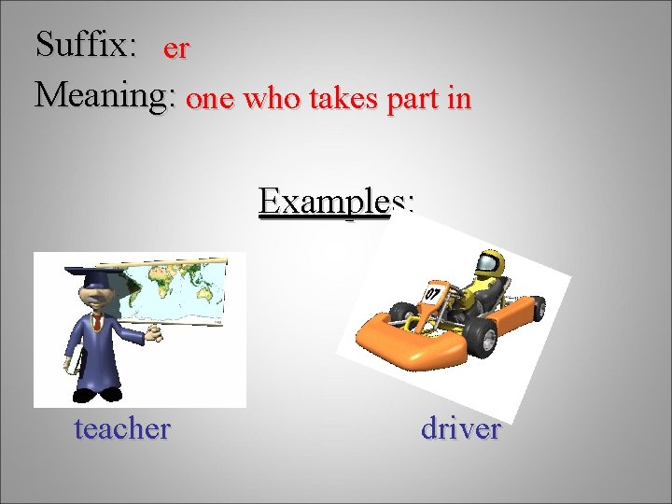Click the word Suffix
86,43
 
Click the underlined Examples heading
336,201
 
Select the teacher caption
122,428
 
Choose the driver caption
461,428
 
